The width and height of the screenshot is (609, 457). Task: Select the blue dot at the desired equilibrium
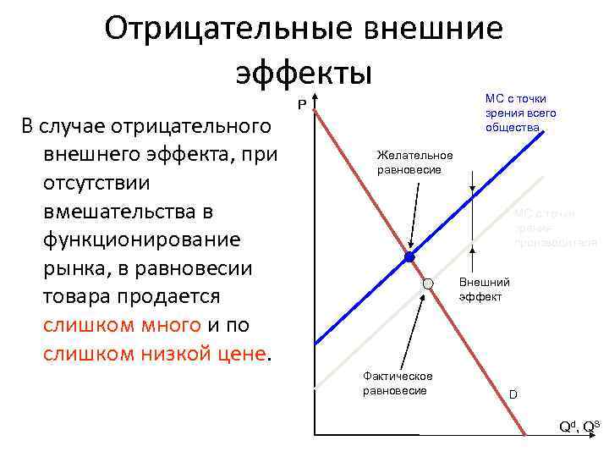409,256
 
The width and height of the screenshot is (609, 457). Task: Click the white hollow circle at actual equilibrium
429,284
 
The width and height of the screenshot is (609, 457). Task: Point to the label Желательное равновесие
414,162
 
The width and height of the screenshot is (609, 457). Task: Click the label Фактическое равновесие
397,383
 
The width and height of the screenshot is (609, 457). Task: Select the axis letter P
300,106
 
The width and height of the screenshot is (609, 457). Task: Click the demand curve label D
512,394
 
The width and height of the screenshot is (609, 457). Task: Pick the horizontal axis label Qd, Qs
579,426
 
